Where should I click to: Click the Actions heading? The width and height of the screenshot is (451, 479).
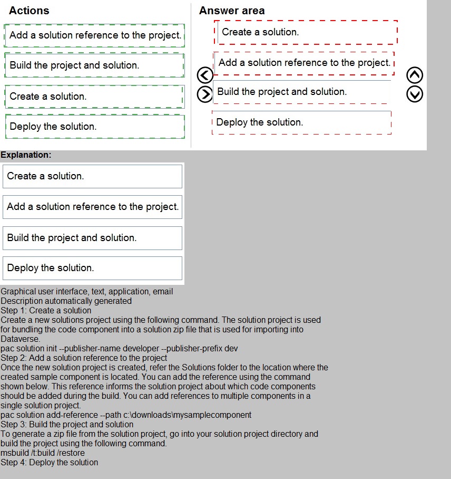pyautogui.click(x=29, y=11)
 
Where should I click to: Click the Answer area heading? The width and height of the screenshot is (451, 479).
pyautogui.click(x=232, y=11)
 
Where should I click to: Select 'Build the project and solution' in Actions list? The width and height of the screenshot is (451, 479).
pyautogui.click(x=94, y=65)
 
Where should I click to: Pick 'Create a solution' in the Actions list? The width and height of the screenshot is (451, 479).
pyautogui.click(x=94, y=97)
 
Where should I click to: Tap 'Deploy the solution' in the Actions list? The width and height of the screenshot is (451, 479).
pyautogui.click(x=94, y=127)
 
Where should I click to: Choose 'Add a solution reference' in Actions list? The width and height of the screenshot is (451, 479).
pyautogui.click(x=94, y=35)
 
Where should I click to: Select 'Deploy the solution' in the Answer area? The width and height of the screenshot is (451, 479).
pyautogui.click(x=301, y=122)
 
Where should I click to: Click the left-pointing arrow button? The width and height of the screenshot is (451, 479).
pyautogui.click(x=204, y=75)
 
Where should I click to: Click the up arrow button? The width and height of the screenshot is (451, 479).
pyautogui.click(x=415, y=75)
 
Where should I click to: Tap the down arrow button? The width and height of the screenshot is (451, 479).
pyautogui.click(x=415, y=94)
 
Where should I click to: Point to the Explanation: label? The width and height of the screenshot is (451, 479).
pyautogui.click(x=26, y=155)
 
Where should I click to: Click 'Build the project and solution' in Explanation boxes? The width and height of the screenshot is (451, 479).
pyautogui.click(x=92, y=238)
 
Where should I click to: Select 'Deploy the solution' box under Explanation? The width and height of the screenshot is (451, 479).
pyautogui.click(x=92, y=268)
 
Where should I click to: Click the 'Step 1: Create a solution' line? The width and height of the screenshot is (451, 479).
pyautogui.click(x=46, y=310)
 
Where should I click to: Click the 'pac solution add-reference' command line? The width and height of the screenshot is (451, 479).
pyautogui.click(x=126, y=415)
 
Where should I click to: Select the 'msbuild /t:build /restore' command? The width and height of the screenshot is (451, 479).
pyautogui.click(x=43, y=453)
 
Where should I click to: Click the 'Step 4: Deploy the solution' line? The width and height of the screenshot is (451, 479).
pyautogui.click(x=49, y=462)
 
